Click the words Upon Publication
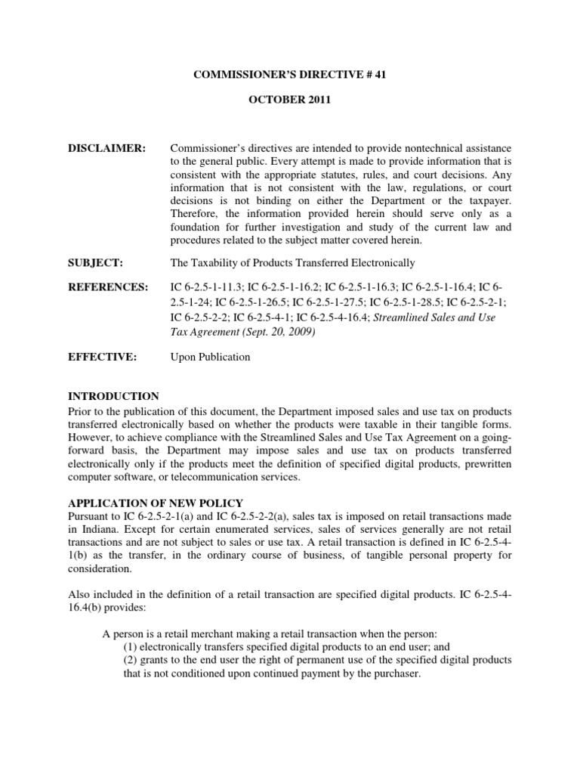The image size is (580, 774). (x=210, y=358)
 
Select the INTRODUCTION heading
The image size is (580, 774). (x=113, y=396)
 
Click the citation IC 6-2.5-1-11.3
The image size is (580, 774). (x=205, y=288)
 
